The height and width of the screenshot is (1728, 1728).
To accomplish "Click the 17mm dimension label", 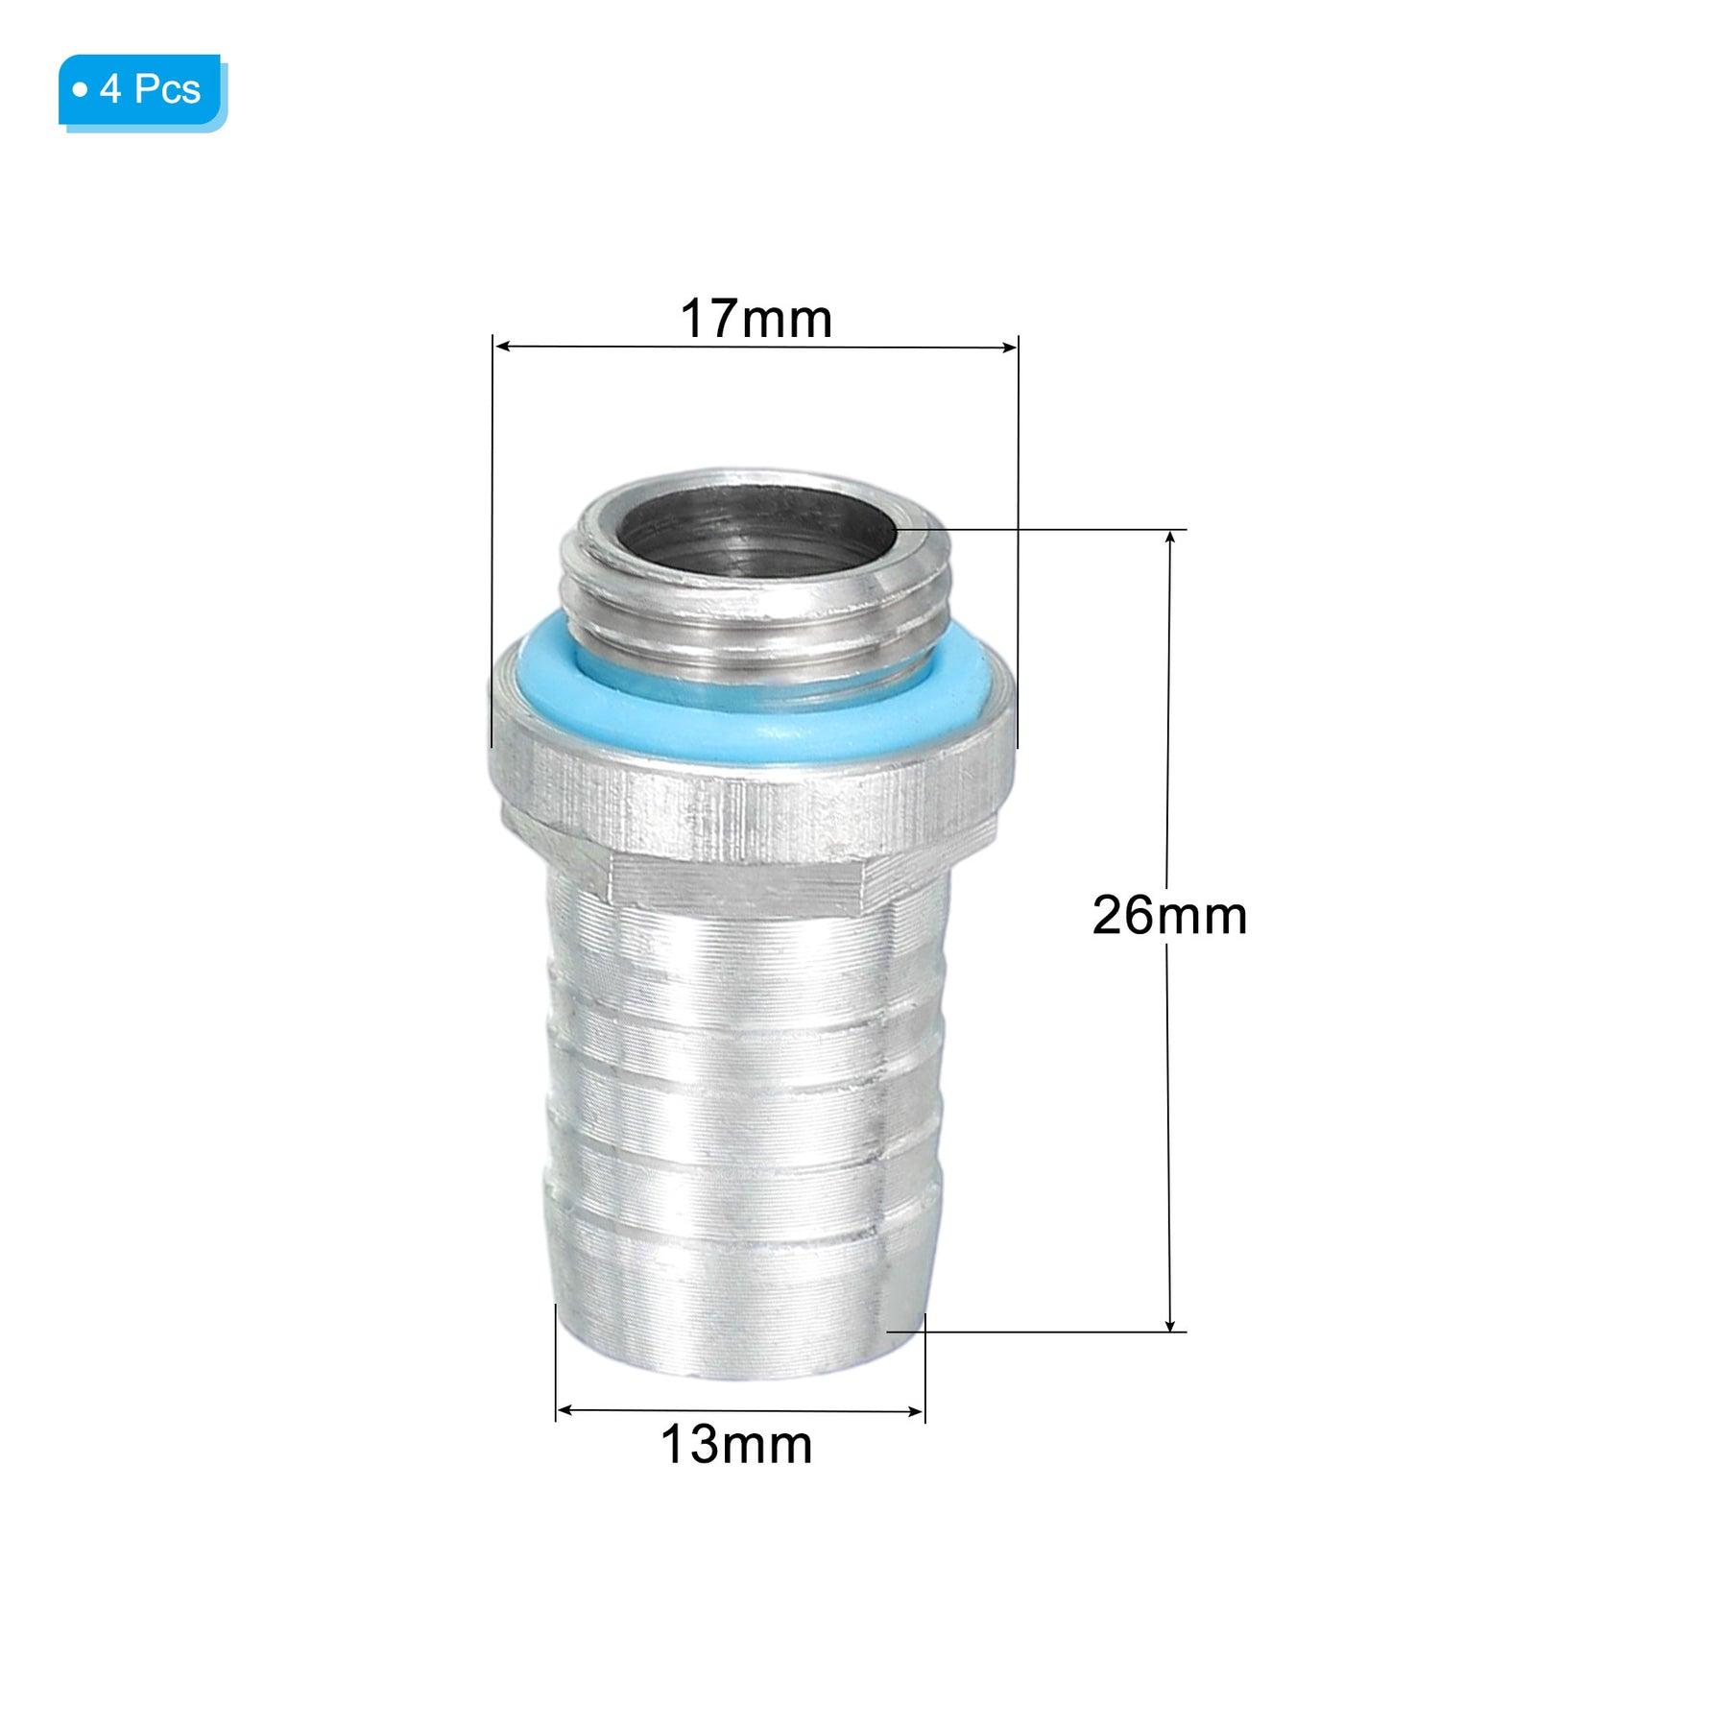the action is [756, 319].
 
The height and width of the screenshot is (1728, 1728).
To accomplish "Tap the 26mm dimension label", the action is [1169, 915].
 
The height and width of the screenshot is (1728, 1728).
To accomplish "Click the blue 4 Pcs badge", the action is [142, 92].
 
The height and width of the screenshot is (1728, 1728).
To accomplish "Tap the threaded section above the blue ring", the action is [754, 614].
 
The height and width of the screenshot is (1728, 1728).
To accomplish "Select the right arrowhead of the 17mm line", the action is [1008, 347].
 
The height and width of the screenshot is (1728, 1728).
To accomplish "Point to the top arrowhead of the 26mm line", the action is [1169, 539].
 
